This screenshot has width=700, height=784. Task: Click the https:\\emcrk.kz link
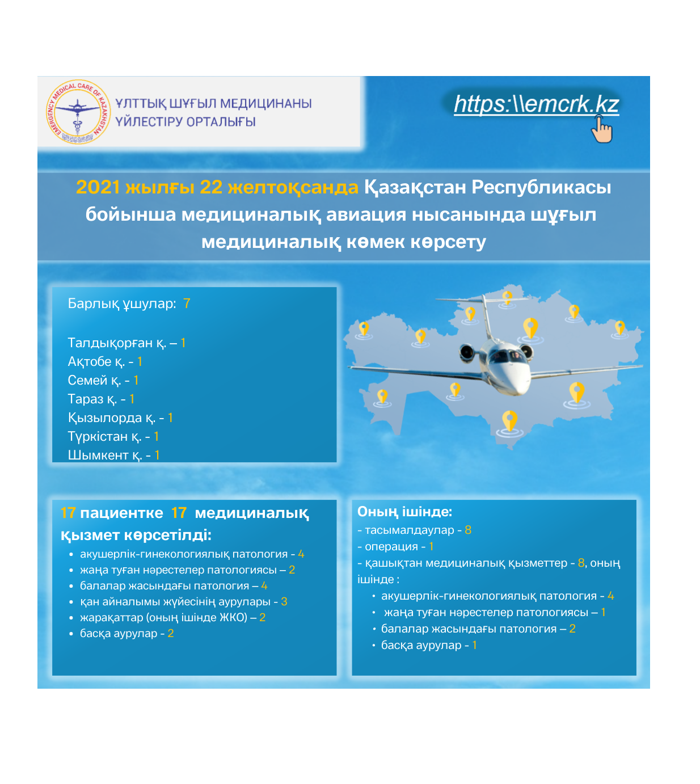coord(536,104)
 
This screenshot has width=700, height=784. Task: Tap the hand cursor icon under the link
coord(602,130)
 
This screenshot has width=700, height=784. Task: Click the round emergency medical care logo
coord(78,111)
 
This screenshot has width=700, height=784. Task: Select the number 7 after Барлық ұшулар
coord(187,304)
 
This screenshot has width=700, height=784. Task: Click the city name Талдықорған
coord(110,343)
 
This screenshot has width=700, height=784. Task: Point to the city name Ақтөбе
coord(90,361)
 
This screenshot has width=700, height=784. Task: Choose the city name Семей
coord(87,380)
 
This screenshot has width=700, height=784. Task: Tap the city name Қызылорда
coord(105,418)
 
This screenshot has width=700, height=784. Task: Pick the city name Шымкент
coord(98,455)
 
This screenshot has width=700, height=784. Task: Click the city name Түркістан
coord(98,436)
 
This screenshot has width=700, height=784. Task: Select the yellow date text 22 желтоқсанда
coord(279,187)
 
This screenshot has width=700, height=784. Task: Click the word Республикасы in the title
coord(541,187)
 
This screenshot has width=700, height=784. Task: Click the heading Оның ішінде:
coord(404,512)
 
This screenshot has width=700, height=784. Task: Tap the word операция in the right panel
coord(391,546)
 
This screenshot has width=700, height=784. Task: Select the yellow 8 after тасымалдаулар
coord(468,530)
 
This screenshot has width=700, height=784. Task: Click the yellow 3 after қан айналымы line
coord(284,601)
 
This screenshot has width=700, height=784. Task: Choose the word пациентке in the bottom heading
coord(121,513)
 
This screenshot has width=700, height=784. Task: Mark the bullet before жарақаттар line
coord(71,618)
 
